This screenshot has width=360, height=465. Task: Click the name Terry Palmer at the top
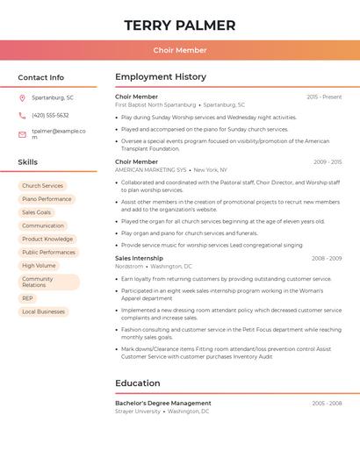(x=180, y=25)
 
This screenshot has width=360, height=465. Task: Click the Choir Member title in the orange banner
(x=180, y=50)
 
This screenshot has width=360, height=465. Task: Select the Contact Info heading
(x=41, y=77)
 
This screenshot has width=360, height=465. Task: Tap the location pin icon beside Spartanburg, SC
(x=22, y=97)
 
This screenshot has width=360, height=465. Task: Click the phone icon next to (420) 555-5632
(x=22, y=115)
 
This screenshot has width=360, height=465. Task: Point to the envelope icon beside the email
(x=22, y=134)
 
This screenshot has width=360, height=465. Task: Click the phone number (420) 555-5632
(x=50, y=115)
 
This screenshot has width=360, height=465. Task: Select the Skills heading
(x=28, y=162)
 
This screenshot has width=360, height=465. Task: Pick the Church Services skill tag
(x=42, y=186)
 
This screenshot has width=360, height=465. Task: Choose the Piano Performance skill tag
(x=47, y=199)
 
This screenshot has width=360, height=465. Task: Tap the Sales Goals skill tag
(x=36, y=212)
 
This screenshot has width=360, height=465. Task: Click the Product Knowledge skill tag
(x=47, y=239)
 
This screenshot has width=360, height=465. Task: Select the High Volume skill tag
(x=39, y=265)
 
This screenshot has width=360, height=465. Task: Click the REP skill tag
(x=28, y=298)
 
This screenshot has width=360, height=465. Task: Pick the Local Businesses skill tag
(x=44, y=311)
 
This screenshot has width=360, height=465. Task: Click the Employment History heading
(x=161, y=77)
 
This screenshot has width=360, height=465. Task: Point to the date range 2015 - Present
(x=324, y=97)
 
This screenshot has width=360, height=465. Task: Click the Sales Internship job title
(x=139, y=258)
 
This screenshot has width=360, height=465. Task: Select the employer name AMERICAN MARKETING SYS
(x=151, y=169)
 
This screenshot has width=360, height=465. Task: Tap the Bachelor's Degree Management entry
(x=163, y=403)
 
